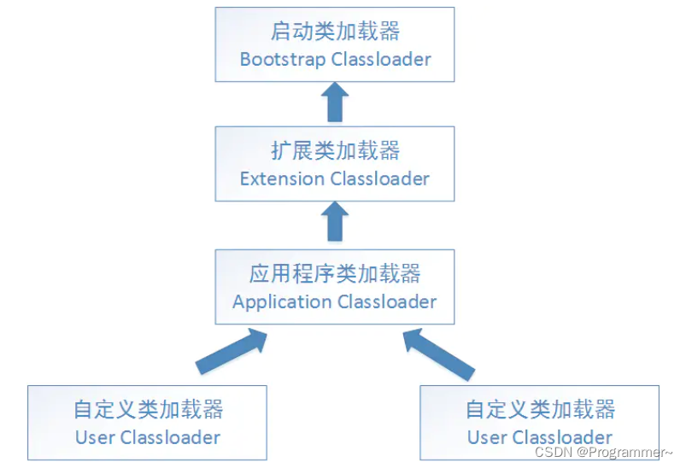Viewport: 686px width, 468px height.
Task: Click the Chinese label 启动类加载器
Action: [x=334, y=32]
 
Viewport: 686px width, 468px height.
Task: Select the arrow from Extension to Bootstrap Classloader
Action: [x=335, y=102]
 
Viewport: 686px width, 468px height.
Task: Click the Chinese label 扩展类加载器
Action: [x=334, y=151]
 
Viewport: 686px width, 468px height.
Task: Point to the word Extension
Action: [x=282, y=179]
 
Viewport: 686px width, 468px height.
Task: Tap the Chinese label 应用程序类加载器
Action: [x=334, y=274]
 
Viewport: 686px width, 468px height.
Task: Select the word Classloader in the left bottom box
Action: [x=170, y=438]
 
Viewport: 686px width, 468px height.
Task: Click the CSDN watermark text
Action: [x=553, y=452]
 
